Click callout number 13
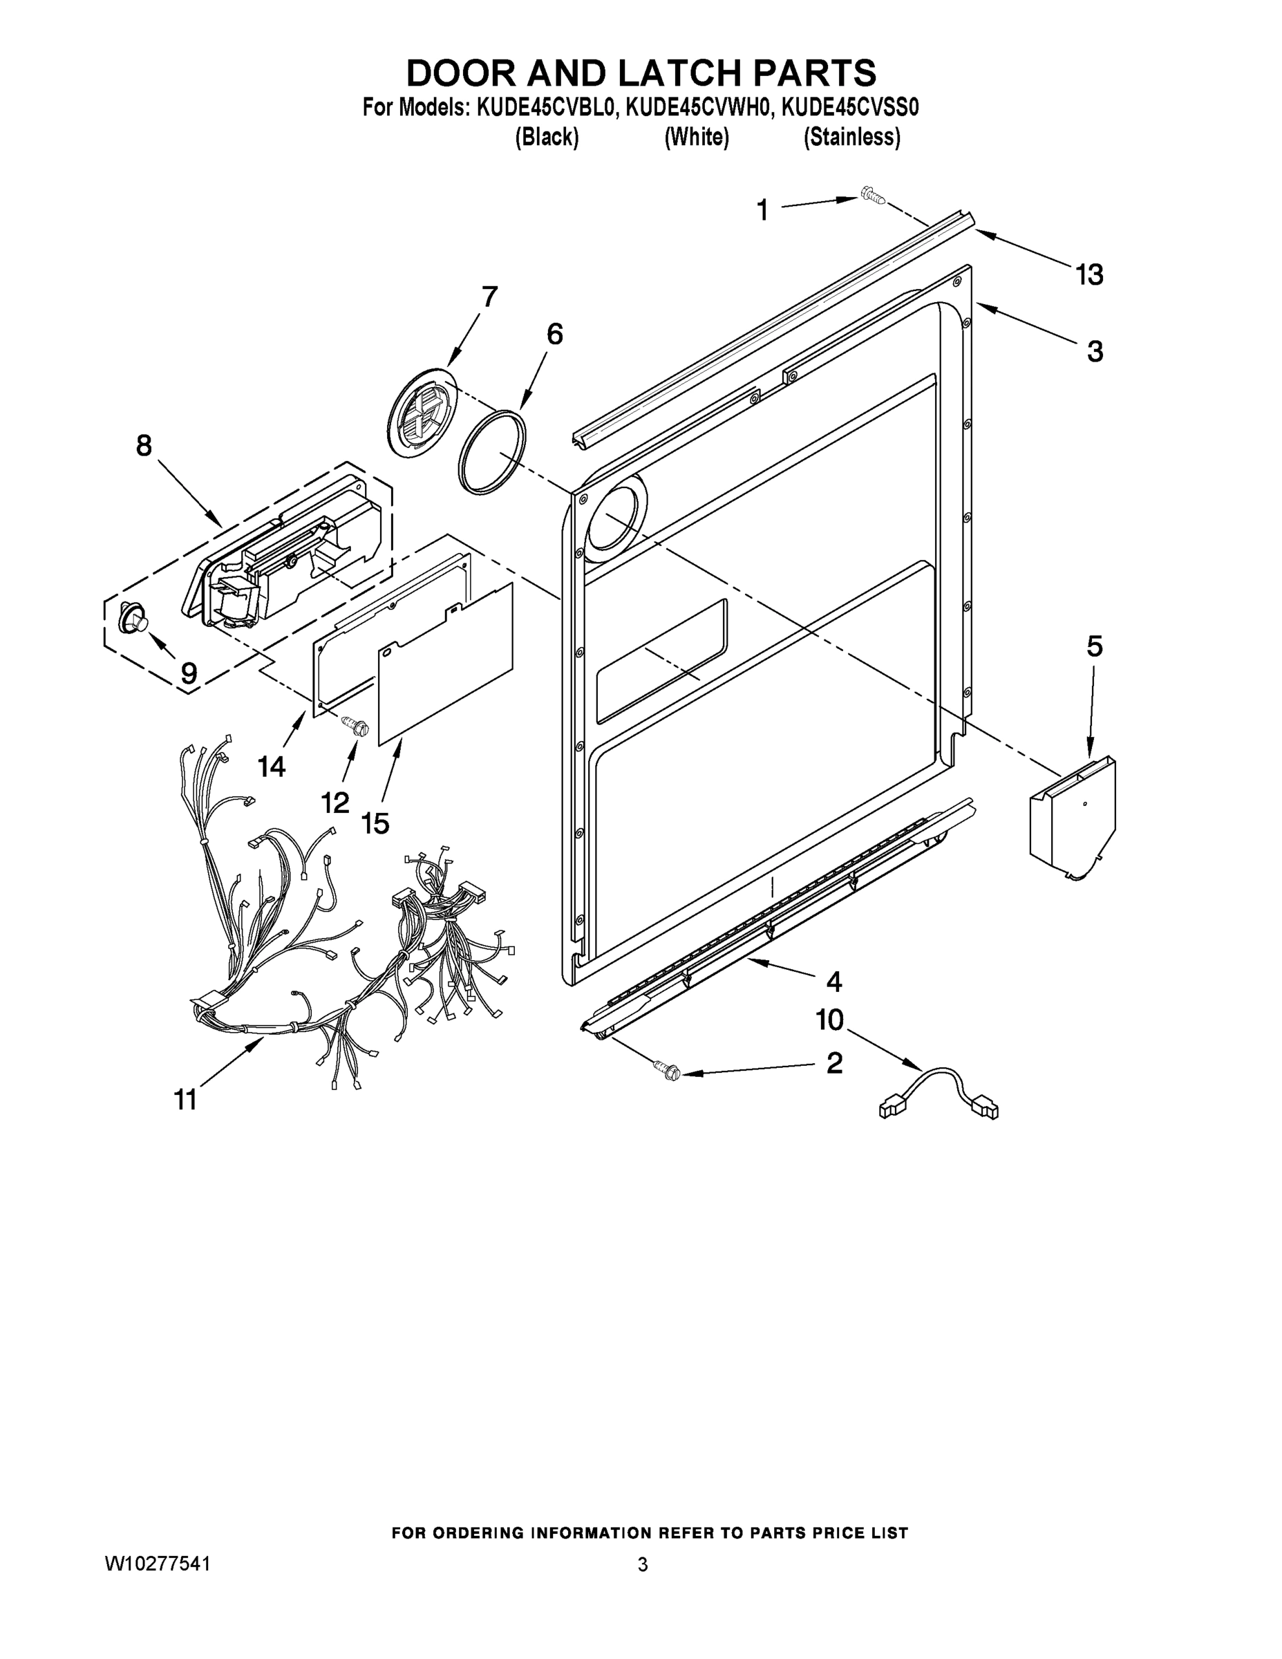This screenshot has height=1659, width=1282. tap(1089, 274)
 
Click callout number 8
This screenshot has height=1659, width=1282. tap(144, 445)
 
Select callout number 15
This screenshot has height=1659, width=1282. tap(375, 823)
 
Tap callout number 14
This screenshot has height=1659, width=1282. tap(271, 767)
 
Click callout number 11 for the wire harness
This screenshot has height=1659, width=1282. tap(185, 1098)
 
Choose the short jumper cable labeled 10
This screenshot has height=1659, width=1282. tap(939, 1094)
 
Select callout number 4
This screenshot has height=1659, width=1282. tap(834, 982)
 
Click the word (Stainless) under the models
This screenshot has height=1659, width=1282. tap(852, 138)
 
